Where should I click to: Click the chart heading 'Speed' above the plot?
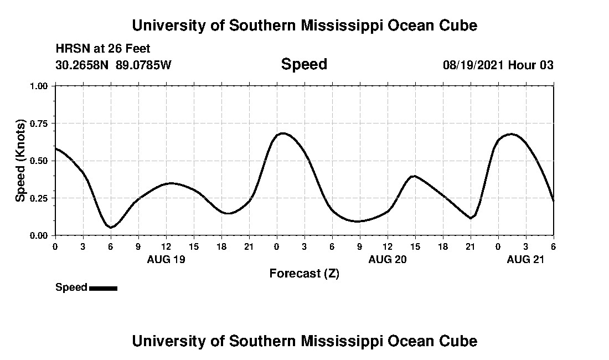pyautogui.click(x=304, y=64)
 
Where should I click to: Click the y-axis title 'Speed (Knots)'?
pyautogui.click(x=20, y=161)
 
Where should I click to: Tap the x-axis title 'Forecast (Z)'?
pyautogui.click(x=304, y=273)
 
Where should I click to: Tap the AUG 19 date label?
pyautogui.click(x=166, y=259)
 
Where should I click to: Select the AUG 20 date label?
pyautogui.click(x=388, y=259)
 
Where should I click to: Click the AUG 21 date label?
pyautogui.click(x=526, y=259)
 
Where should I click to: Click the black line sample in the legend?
pyautogui.click(x=103, y=288)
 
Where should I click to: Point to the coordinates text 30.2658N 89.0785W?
pyautogui.click(x=113, y=65)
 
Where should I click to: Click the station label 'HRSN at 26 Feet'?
pyautogui.click(x=103, y=49)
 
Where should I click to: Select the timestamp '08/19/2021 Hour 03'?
pyautogui.click(x=498, y=65)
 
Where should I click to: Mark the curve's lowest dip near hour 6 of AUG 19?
pyautogui.click(x=111, y=227)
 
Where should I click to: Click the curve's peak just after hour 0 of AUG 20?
pyautogui.click(x=283, y=133)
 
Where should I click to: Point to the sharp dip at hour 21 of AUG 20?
pyautogui.click(x=471, y=218)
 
